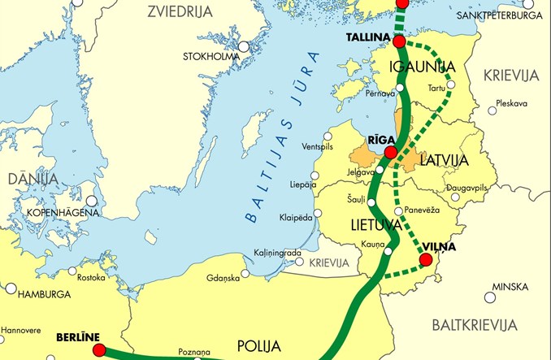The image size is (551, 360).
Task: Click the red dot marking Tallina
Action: [x=399, y=41]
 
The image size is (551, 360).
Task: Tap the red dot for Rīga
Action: [x=391, y=152]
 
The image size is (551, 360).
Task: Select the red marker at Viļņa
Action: [x=424, y=260]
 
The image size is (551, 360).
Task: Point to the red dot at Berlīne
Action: [x=100, y=350]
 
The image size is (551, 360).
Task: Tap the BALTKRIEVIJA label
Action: [x=474, y=324]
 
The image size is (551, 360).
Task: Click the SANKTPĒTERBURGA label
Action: [x=501, y=15]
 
